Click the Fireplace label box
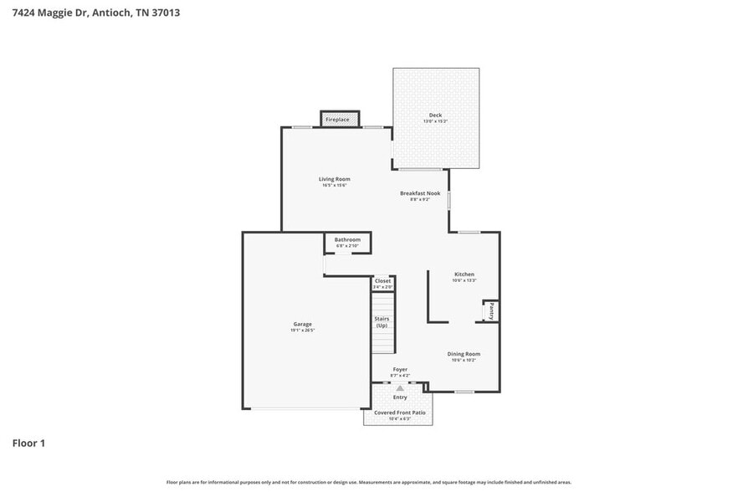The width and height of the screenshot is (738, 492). [338, 120]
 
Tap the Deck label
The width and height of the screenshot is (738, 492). [435, 115]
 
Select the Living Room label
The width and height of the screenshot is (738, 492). [334, 179]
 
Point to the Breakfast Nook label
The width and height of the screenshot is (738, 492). [419, 193]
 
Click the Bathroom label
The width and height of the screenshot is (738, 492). [347, 239]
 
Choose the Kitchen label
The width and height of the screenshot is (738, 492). [464, 274]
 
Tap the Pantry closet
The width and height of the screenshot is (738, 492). [491, 311]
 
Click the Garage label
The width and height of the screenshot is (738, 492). [302, 324]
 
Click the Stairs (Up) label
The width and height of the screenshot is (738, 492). [382, 321]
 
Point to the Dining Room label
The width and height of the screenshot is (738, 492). [464, 354]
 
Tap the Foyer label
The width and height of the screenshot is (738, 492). [400, 369]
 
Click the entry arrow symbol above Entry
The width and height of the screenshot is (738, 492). [400, 388]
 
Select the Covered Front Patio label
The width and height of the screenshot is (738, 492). [399, 413]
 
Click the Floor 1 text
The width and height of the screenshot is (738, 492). [28, 443]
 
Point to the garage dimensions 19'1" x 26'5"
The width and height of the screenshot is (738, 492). [302, 331]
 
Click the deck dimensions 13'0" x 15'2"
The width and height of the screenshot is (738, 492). [435, 122]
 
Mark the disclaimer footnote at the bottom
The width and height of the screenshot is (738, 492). [369, 483]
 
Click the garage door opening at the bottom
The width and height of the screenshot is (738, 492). [305, 408]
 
